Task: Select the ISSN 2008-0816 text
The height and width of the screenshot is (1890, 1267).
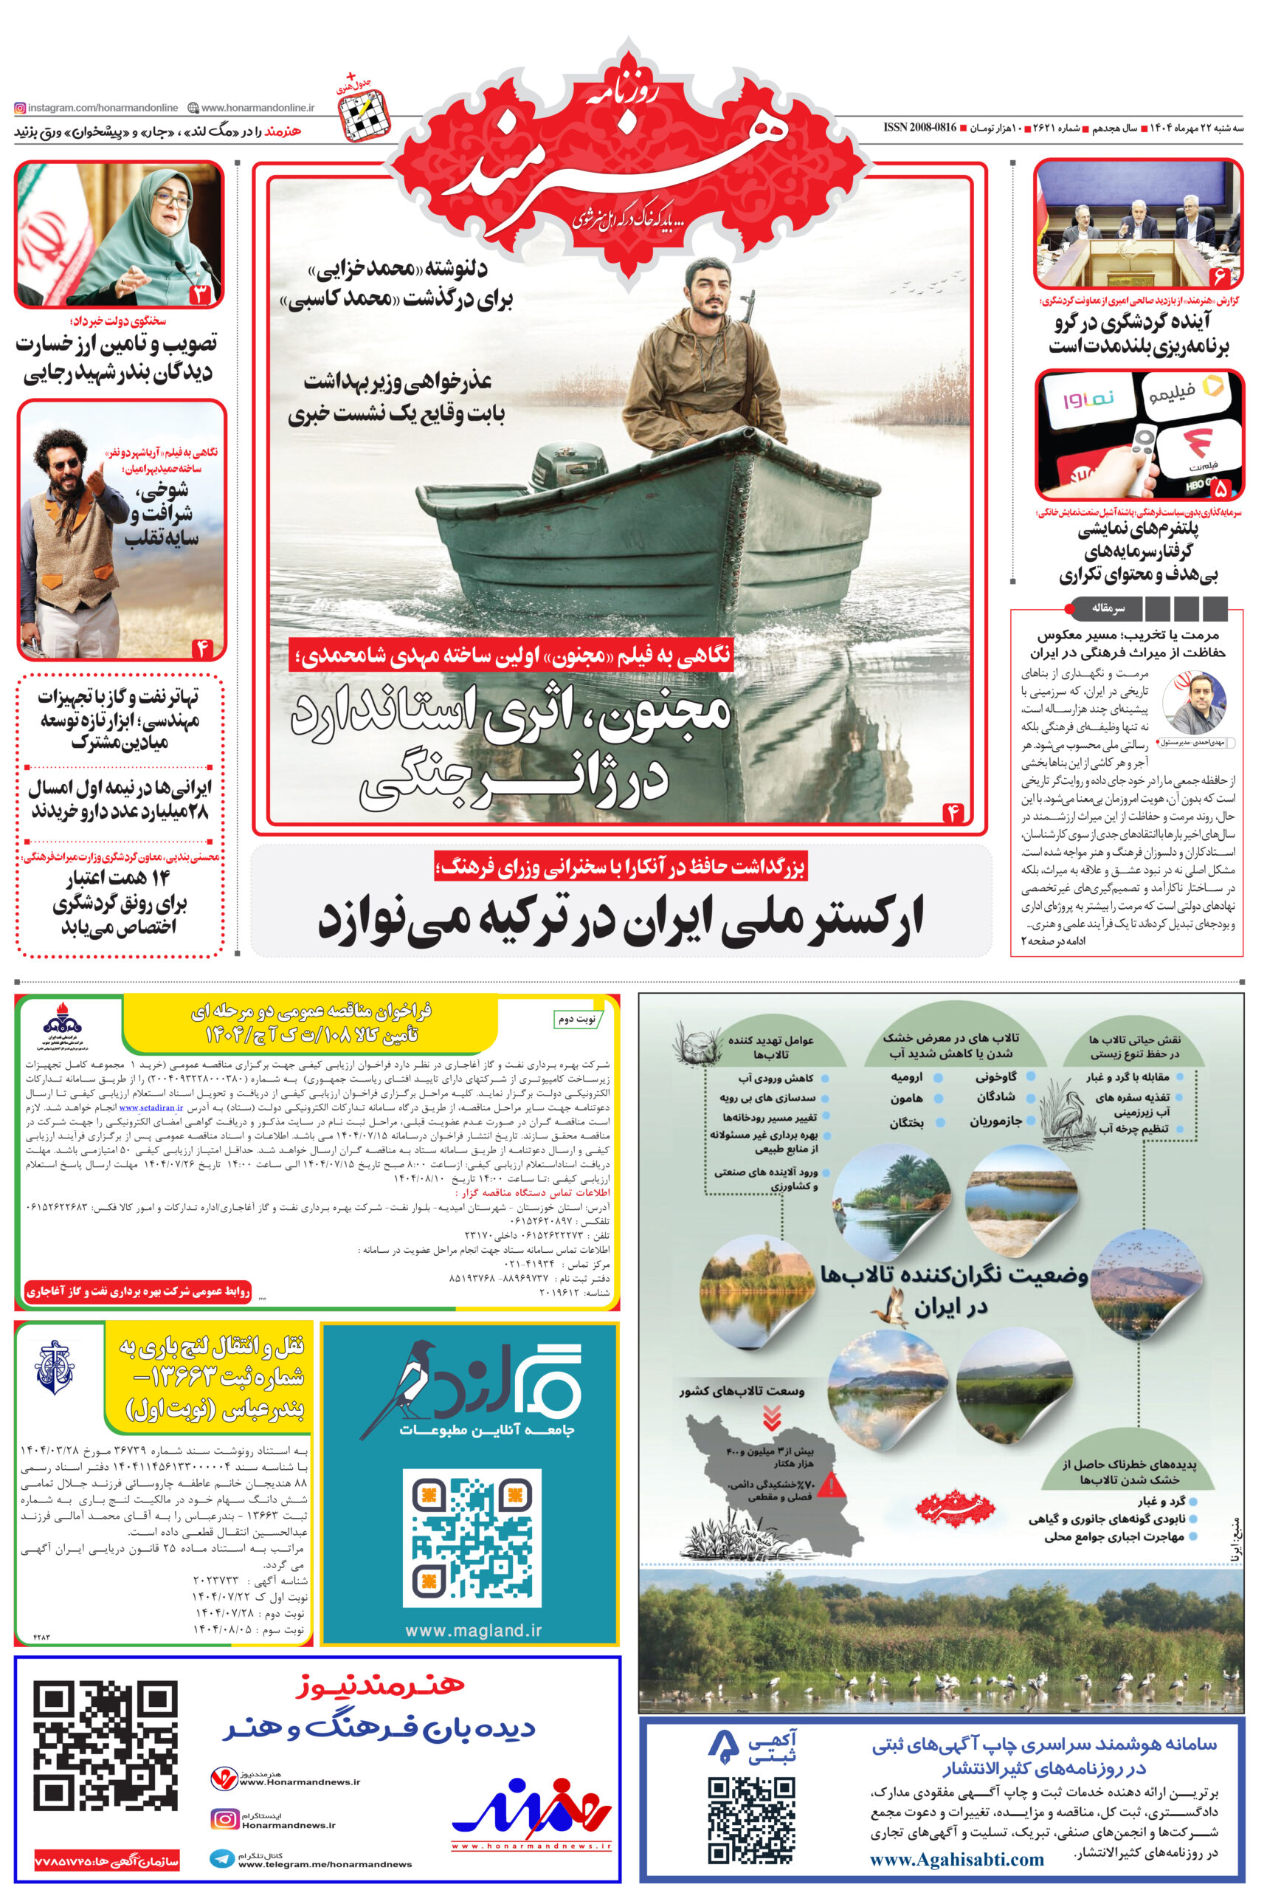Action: tap(919, 128)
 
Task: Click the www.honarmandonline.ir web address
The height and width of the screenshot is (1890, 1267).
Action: tap(257, 108)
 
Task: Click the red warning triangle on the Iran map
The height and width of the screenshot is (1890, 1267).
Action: tap(831, 1483)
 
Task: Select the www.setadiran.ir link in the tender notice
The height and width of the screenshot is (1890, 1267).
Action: tap(151, 1108)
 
